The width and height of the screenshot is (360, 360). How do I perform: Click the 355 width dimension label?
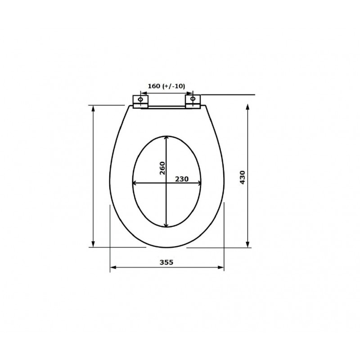[x=166, y=262]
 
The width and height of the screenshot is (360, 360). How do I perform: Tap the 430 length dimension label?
[x=243, y=177]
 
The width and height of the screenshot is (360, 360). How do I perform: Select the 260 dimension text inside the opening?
[x=162, y=168]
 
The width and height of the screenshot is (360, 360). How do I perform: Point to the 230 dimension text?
[x=182, y=179]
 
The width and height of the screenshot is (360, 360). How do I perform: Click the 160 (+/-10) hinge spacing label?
[x=166, y=86]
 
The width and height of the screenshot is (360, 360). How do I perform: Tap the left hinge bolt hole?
[x=140, y=99]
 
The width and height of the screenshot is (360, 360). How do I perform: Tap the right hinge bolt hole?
[x=193, y=99]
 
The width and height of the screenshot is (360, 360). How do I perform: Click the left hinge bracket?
[x=140, y=102]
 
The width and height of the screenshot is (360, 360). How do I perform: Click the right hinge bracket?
[x=193, y=101]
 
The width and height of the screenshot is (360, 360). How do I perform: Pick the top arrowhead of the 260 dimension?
[x=166, y=138]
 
